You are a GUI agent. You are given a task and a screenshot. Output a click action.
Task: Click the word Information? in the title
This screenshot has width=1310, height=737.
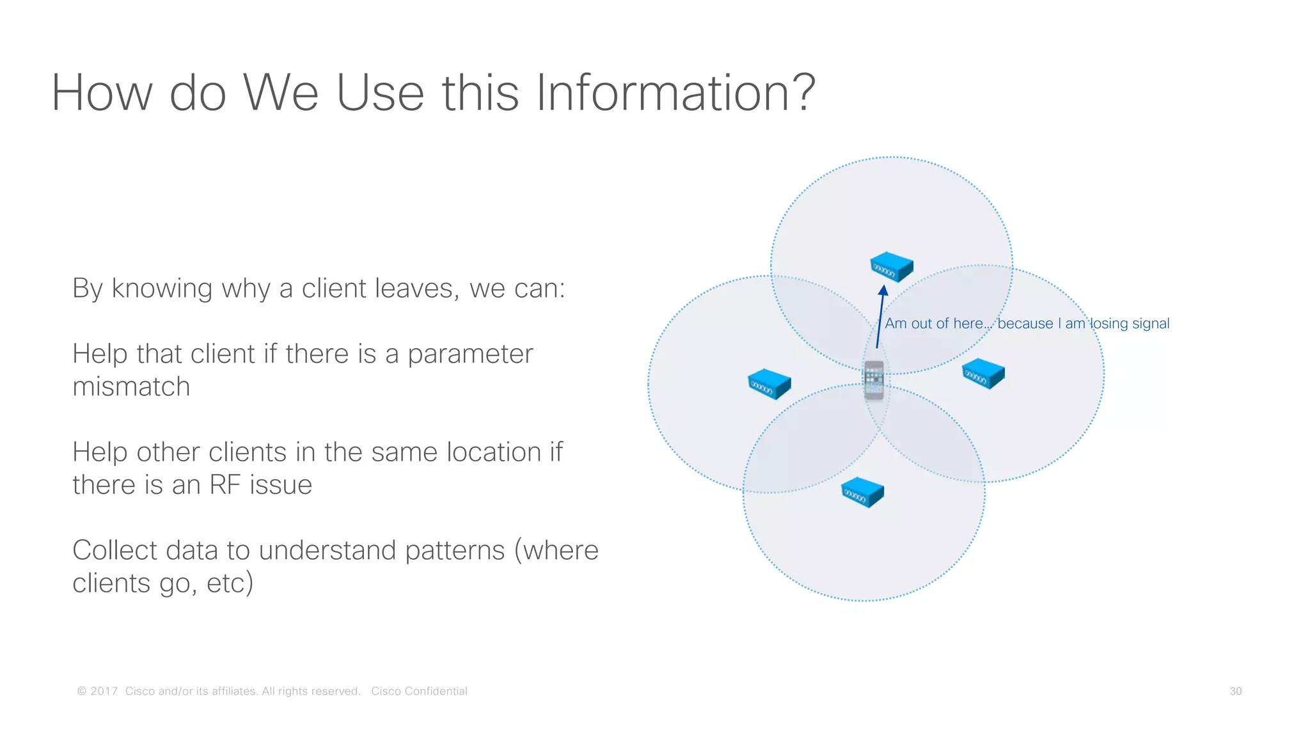[675, 93]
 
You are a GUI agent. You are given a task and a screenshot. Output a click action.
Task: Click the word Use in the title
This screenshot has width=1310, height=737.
[379, 93]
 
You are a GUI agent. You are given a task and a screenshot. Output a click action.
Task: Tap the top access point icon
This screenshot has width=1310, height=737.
[892, 267]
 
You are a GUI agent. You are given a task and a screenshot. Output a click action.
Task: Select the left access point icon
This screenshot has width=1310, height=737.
[769, 384]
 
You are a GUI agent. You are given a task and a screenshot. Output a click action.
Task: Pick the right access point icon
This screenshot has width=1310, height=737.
[984, 374]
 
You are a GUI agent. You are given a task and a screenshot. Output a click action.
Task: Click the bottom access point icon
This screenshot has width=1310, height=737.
[862, 493]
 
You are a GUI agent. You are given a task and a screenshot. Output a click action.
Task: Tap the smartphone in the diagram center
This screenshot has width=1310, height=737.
[874, 380]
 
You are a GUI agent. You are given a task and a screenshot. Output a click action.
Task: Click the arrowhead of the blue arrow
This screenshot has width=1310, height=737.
[883, 291]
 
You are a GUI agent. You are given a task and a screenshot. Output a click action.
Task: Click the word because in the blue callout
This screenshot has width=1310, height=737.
[1025, 324]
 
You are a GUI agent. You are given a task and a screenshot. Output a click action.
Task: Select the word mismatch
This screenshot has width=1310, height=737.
[131, 387]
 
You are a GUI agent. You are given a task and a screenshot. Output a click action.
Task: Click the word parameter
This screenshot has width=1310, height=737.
[470, 354]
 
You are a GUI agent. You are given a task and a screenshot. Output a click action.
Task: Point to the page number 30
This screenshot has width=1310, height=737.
[1235, 692]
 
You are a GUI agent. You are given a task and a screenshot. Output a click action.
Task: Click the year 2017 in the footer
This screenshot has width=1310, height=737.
[104, 692]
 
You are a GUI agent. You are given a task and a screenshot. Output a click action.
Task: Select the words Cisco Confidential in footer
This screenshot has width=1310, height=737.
[419, 692]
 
